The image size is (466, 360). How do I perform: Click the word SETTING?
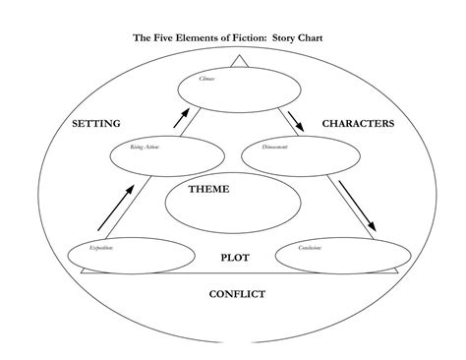click(x=96, y=124)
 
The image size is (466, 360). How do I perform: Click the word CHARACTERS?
click(x=358, y=124)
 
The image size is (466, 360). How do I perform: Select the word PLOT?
click(x=235, y=257)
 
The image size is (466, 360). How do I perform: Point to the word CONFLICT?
click(x=235, y=293)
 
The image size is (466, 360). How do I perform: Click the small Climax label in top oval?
click(x=207, y=78)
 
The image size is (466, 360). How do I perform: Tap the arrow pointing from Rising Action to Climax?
click(x=180, y=118)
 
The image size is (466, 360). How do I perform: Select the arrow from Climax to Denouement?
click(x=296, y=120)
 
